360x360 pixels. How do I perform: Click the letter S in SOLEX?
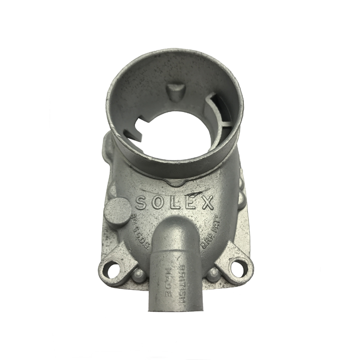pos(141,202)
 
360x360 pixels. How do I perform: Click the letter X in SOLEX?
pos(207,203)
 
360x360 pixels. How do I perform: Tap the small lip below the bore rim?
pos(177,182)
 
